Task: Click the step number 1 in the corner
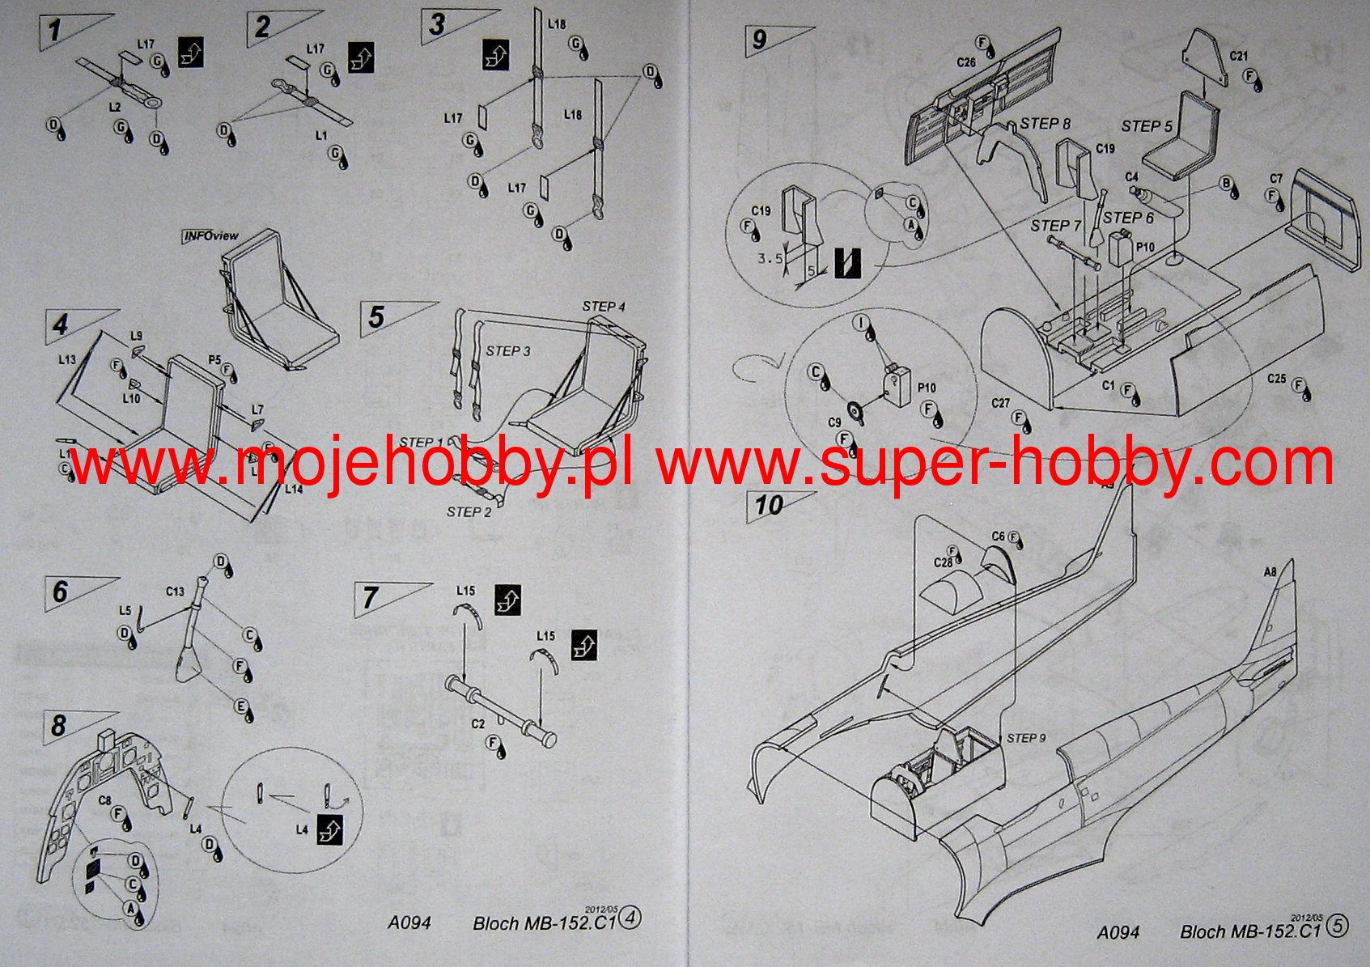click(53, 32)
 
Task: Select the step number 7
click(370, 598)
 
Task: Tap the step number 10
click(768, 506)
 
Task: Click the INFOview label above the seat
click(210, 235)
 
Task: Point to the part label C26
click(965, 61)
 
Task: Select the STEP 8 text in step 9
click(1045, 123)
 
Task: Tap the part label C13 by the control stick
click(176, 592)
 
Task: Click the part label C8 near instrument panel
click(105, 800)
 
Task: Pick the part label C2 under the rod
click(477, 723)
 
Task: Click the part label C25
click(1276, 378)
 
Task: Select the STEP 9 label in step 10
click(1026, 737)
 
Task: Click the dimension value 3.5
click(769, 258)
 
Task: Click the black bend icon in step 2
click(361, 58)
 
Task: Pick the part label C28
click(943, 562)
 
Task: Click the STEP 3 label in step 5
click(508, 351)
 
